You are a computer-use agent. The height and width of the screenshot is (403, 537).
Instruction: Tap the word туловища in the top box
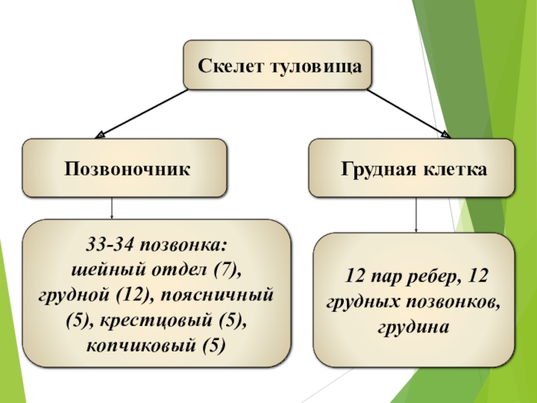pos(314,67)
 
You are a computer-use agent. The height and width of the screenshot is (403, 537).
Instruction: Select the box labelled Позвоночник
pos(126,168)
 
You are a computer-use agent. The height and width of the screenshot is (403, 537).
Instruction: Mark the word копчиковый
pos(136,346)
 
